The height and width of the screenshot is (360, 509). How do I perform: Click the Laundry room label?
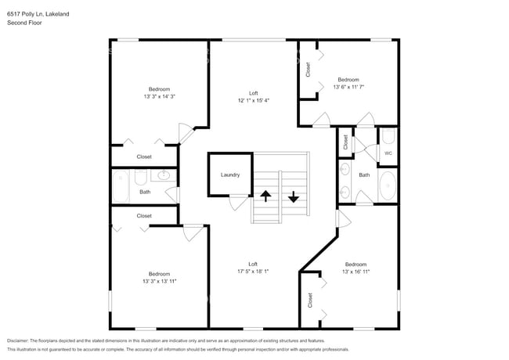point(230,175)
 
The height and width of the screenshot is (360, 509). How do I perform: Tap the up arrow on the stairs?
point(265,196)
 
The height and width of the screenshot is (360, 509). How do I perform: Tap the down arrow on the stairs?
point(294,197)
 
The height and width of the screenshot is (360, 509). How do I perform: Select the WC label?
point(388,153)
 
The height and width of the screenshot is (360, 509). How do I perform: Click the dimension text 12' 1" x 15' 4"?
point(254,100)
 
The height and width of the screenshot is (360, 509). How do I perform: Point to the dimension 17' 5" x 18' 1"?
point(253,271)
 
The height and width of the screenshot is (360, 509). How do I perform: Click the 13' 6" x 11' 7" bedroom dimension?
point(348,87)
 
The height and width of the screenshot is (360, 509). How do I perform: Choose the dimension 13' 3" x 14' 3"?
point(160,96)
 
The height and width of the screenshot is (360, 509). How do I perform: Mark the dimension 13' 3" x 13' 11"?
point(160,281)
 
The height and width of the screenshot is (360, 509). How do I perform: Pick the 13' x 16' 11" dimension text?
point(356,272)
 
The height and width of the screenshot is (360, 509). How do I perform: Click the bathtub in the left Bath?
point(121,187)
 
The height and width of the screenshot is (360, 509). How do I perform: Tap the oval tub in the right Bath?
point(388,185)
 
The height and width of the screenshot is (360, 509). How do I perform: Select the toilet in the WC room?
point(388,136)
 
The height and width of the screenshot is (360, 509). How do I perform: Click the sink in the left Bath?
point(164,175)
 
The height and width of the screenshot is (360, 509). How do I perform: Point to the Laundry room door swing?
point(238,203)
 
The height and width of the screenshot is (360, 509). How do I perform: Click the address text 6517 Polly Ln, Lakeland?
point(38,14)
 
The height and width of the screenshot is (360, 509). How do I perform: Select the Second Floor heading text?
point(24,23)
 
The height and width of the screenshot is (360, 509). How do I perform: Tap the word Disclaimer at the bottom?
point(18,341)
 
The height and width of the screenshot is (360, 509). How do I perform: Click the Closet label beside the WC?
point(345,142)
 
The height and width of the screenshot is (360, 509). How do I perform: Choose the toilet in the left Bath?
point(140,178)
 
